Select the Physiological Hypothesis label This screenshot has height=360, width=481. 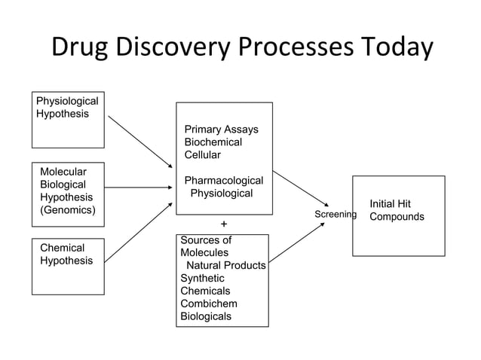point(67,107)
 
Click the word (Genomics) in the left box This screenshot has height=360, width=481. point(68,210)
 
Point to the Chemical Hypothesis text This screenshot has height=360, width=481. point(66,254)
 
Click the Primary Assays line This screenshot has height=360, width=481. point(221,130)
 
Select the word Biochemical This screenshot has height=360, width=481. point(213,142)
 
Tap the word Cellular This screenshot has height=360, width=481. point(203,155)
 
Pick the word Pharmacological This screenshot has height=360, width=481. point(224,181)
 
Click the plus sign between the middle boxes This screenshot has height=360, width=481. point(223,224)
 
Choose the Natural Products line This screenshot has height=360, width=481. point(225,266)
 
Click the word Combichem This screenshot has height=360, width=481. point(209,304)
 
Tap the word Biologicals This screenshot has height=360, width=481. point(206,316)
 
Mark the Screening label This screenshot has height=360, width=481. point(335,215)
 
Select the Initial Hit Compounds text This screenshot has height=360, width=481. point(397,210)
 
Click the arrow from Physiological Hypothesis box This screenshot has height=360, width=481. point(140,142)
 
